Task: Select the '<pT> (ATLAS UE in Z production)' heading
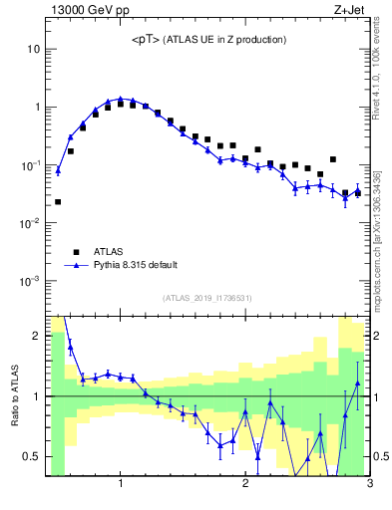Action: (x=208, y=40)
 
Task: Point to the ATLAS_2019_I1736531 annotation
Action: (x=207, y=298)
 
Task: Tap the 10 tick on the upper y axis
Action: (x=33, y=49)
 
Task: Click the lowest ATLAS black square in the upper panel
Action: (x=58, y=202)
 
